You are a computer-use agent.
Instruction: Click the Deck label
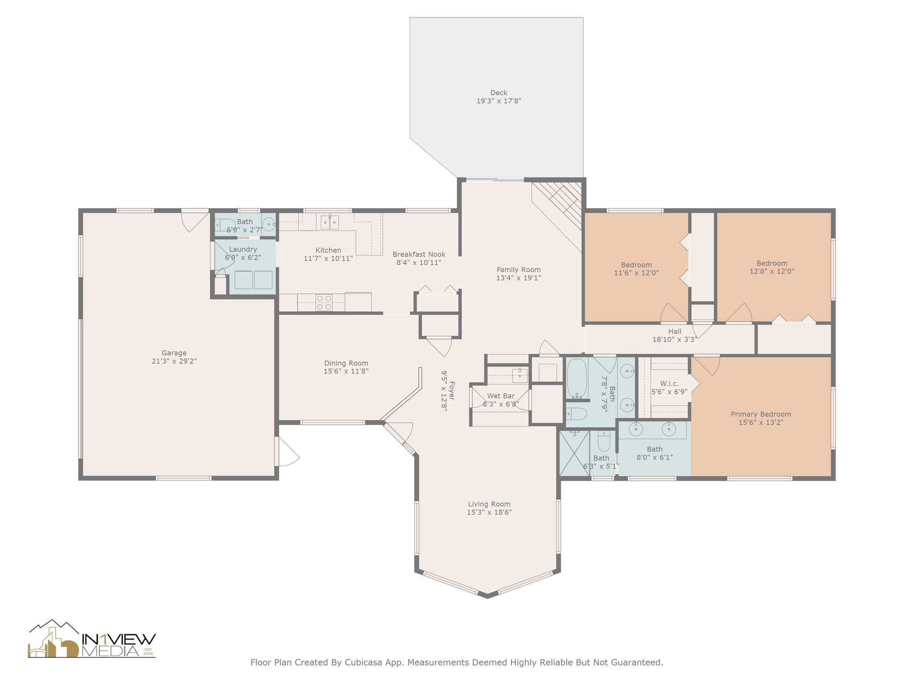click(499, 93)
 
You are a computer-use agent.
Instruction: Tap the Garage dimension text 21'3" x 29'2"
click(174, 361)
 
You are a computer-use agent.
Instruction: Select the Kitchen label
click(328, 250)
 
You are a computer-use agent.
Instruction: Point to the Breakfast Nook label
click(419, 255)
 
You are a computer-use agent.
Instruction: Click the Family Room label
click(519, 270)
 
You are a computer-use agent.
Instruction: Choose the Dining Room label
click(346, 363)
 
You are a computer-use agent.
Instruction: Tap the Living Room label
click(489, 504)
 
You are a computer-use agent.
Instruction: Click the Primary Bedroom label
click(761, 414)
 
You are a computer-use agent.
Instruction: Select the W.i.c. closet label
click(669, 384)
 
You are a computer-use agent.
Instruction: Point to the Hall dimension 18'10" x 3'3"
click(675, 339)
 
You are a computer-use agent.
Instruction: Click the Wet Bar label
click(501, 396)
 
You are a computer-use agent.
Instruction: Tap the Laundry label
click(243, 249)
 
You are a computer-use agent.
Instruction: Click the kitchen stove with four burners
click(324, 302)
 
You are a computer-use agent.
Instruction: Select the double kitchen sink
click(330, 222)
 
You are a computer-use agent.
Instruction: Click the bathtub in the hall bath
click(577, 378)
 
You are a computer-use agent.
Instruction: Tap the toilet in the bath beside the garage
click(225, 224)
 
